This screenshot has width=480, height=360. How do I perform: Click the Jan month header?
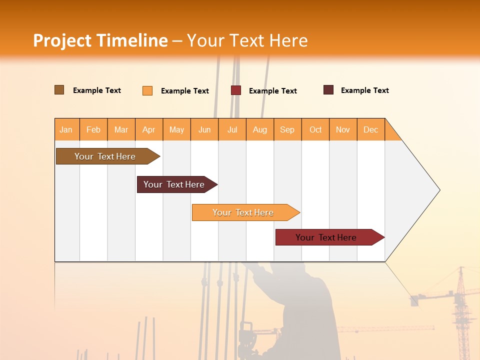pyautogui.click(x=66, y=129)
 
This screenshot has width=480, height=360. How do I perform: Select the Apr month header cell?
pyautogui.click(x=149, y=129)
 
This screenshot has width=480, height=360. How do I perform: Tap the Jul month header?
pyautogui.click(x=232, y=129)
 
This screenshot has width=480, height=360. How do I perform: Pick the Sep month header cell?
pyautogui.click(x=287, y=129)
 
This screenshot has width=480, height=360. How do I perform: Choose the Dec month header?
pyautogui.click(x=370, y=129)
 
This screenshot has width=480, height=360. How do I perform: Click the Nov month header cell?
pyautogui.click(x=343, y=129)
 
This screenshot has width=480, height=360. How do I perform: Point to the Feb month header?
pyautogui.click(x=93, y=129)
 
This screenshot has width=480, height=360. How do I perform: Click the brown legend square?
pyautogui.click(x=59, y=90)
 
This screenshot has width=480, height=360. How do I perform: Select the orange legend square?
pyautogui.click(x=147, y=90)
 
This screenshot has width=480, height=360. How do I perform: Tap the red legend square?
pyautogui.click(x=236, y=90)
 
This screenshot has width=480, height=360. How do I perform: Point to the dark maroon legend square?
pyautogui.click(x=328, y=90)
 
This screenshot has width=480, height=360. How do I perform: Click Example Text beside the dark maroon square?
pyautogui.click(x=364, y=90)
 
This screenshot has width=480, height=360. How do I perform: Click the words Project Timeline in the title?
pyautogui.click(x=100, y=40)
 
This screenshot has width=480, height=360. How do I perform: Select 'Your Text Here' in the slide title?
pyautogui.click(x=247, y=40)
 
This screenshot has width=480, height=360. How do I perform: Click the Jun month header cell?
pyautogui.click(x=204, y=129)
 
